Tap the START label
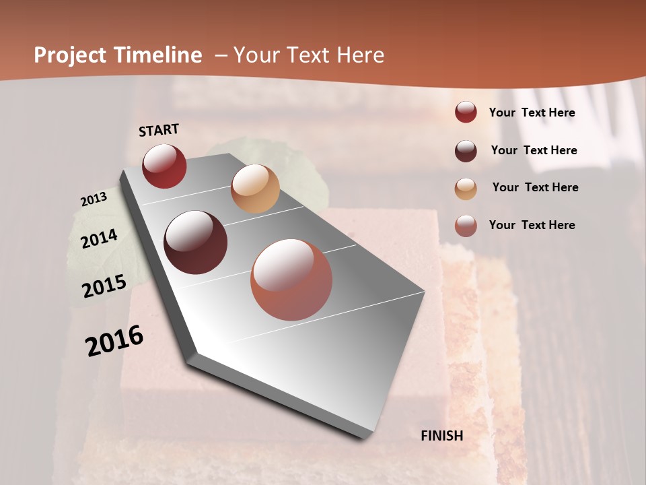(x=159, y=130)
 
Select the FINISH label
(x=442, y=436)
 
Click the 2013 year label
(x=94, y=199)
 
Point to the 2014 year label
(x=100, y=239)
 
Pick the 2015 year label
(x=104, y=286)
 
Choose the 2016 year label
(x=114, y=340)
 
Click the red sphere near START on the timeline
(x=164, y=166)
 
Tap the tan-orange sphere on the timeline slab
(x=255, y=189)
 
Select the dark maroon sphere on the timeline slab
(x=195, y=243)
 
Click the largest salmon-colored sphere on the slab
(x=291, y=280)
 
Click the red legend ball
(x=466, y=112)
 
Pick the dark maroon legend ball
(x=466, y=151)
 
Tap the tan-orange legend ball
(x=466, y=189)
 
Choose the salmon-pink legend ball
(x=466, y=226)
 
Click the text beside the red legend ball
(x=532, y=113)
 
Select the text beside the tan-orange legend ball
(x=535, y=187)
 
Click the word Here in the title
(x=360, y=55)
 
